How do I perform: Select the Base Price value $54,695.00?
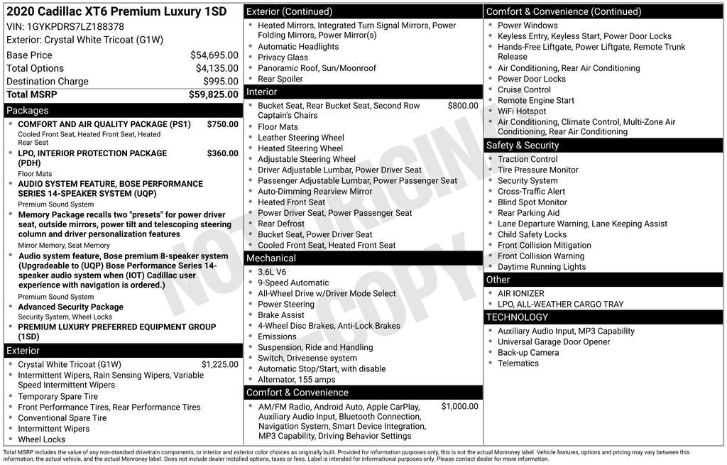coord(214,55)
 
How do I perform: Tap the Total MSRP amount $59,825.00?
coord(213,94)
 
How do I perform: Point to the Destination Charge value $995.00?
coord(220,82)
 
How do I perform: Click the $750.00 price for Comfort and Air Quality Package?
coord(222,124)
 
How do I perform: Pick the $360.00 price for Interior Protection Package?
coord(222,153)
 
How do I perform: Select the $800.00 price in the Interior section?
coord(462,106)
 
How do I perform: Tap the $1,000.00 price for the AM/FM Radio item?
coord(459,407)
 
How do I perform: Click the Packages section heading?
coord(28,111)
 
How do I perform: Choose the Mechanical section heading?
coord(271,258)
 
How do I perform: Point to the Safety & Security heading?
coord(523,146)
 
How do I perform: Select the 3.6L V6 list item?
coord(273,272)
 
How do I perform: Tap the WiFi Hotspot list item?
coord(522,111)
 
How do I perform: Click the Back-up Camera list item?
coord(528,353)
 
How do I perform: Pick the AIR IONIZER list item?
coord(520,293)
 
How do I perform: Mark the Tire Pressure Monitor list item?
coord(537,170)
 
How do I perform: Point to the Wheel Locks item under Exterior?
coord(41,439)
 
